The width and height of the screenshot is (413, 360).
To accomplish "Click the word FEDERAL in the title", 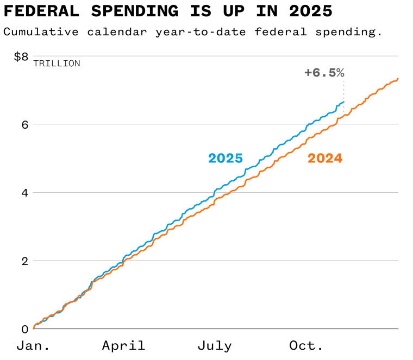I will tap(46, 11).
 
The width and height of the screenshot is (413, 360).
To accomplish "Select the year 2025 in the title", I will tap(307, 11).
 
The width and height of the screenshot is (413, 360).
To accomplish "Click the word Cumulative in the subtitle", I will tap(40, 31).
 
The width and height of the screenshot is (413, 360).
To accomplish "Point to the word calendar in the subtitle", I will tap(116, 31).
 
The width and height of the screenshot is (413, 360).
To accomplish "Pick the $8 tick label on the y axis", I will tap(21, 56).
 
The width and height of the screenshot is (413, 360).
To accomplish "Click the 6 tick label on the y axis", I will tap(24, 124).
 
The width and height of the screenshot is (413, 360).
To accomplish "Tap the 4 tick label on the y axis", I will tap(24, 193).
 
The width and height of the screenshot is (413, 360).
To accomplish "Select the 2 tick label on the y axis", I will tap(24, 261).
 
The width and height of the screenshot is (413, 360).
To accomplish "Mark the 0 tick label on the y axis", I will tap(24, 329).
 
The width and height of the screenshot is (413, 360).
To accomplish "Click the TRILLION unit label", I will tap(57, 64).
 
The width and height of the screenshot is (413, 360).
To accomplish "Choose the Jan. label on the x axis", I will tap(34, 346).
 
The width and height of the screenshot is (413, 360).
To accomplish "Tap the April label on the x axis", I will tap(124, 346).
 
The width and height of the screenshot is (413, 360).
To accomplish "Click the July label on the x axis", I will tap(214, 346).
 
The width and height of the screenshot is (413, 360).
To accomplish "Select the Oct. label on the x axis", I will tap(306, 346).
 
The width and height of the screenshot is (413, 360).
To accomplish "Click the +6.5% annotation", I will tap(324, 73).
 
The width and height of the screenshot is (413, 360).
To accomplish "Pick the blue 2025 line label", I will tap(226, 158).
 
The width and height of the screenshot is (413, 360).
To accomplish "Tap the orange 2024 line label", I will tap(325, 158).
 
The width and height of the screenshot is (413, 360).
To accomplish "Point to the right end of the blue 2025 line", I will tap(343, 102).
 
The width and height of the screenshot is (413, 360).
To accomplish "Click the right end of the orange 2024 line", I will tap(398, 79).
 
